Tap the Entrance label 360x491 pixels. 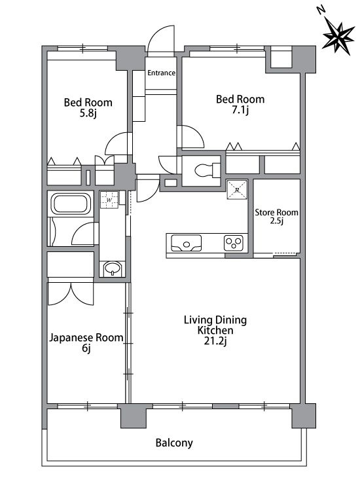click(161, 73)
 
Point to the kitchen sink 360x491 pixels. click(189, 244)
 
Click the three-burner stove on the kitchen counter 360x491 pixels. click(234, 244)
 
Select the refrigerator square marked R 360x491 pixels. click(236, 190)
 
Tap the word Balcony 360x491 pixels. click(174, 443)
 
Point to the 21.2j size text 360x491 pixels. click(215, 342)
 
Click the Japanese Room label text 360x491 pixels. click(86, 338)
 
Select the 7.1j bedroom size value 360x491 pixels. click(240, 111)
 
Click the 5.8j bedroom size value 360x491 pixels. click(87, 114)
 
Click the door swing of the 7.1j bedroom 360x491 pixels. click(191, 136)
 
